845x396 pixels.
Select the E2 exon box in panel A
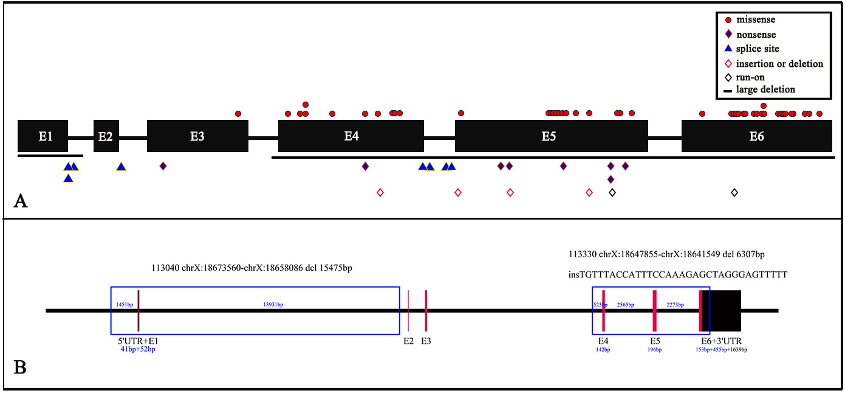(106, 136)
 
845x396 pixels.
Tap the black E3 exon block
(197, 136)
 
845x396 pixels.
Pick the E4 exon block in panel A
(351, 136)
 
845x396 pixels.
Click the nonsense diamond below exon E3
(163, 166)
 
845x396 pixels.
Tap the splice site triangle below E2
(121, 167)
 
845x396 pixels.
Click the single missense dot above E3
(238, 114)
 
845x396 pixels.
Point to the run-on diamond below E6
(734, 193)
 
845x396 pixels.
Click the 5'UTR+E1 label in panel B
(138, 341)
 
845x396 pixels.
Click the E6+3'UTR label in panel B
(721, 341)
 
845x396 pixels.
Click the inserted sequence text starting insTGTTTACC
(677, 275)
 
